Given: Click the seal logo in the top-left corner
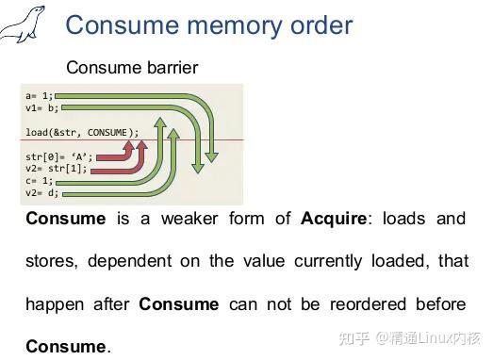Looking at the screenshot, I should point(23,26).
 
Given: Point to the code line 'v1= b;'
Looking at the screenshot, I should point(41,106).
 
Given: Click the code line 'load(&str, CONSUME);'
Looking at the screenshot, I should point(82,132).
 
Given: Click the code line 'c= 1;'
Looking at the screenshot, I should point(39,181).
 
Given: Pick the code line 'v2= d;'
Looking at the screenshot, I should point(41,192).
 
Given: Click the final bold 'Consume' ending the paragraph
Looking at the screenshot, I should point(66,347).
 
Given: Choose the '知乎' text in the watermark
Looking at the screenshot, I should point(353,336).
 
